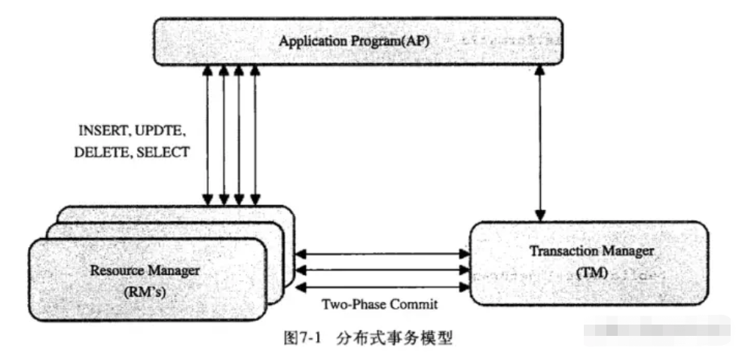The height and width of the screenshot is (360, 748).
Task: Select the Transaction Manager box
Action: (x=589, y=261)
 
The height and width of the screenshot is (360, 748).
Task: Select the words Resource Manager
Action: (x=141, y=270)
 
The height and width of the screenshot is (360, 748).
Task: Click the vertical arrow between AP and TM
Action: (x=539, y=142)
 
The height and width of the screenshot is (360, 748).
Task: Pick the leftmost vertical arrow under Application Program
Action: (x=206, y=136)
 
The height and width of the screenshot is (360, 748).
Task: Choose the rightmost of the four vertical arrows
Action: (x=256, y=136)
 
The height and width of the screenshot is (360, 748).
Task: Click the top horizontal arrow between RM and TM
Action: (x=383, y=255)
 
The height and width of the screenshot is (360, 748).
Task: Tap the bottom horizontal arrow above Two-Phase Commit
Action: (x=383, y=288)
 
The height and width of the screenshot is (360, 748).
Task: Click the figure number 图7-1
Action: (x=301, y=338)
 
